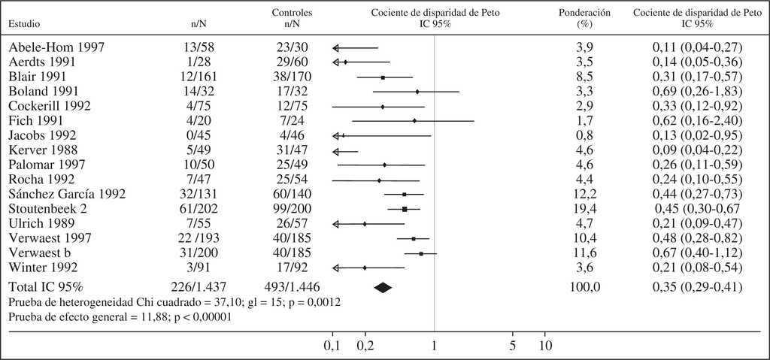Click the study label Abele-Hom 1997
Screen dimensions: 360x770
coord(56,47)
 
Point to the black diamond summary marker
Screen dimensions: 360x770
coord(383,286)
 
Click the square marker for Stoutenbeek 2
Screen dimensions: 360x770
coord(405,209)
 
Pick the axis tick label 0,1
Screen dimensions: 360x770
coord(332,346)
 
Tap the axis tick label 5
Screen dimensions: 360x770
coord(512,346)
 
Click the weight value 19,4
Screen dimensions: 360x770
coord(584,209)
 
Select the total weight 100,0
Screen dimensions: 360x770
coord(584,286)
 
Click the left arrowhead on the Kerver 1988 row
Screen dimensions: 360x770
coord(335,150)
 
